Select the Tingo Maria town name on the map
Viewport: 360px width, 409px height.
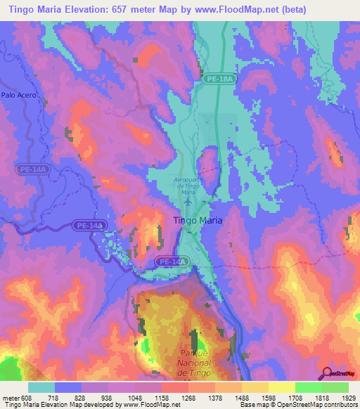point(198,220)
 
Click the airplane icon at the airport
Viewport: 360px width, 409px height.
point(188,202)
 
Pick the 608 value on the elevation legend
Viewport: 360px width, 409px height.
point(23,397)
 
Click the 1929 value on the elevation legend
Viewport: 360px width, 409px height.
point(348,397)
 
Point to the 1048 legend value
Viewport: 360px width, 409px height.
point(135,397)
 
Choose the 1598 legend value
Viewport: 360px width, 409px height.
point(268,397)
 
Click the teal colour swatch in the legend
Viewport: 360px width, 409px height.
point(41,387)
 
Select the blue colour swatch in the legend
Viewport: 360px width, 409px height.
point(68,387)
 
